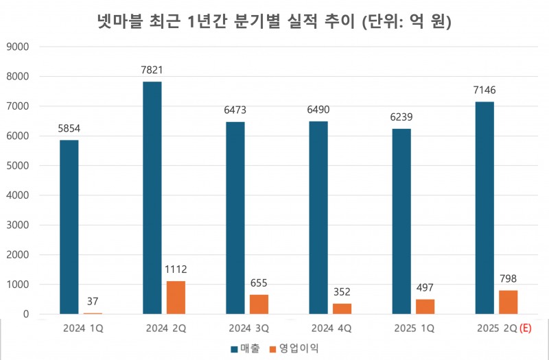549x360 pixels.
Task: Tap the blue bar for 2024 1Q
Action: (x=69, y=227)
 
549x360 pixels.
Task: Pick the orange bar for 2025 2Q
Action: (x=509, y=302)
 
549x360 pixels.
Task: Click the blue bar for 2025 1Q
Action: (x=401, y=221)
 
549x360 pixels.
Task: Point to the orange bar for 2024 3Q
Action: (x=259, y=304)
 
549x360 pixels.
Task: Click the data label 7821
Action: (x=152, y=70)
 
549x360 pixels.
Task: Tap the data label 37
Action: (x=93, y=301)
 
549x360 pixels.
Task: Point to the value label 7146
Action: (x=484, y=90)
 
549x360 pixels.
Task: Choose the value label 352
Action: (x=342, y=291)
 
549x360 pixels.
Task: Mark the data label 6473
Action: (x=235, y=110)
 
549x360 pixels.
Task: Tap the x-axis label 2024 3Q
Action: (x=247, y=328)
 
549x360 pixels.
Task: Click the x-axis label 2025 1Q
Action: (x=414, y=328)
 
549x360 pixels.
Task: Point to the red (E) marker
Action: (x=526, y=328)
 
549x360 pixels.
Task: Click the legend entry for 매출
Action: (x=245, y=348)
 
